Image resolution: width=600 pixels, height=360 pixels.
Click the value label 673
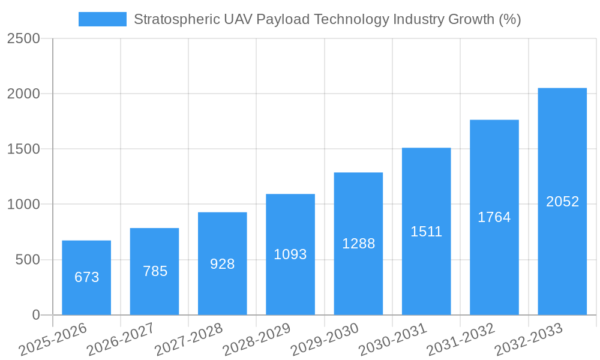(x=86, y=277)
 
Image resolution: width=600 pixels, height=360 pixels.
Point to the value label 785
(x=155, y=271)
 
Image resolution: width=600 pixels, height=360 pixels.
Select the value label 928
(x=222, y=264)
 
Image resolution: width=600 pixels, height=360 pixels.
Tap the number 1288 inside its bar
(x=358, y=244)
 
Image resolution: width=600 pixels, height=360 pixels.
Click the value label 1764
(x=494, y=217)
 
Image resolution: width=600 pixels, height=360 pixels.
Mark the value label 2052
(x=562, y=202)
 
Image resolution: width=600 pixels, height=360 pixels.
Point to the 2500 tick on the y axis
(x=23, y=39)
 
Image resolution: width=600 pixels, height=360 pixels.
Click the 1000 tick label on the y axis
(x=23, y=205)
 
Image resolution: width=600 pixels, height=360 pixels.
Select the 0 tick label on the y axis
(x=35, y=315)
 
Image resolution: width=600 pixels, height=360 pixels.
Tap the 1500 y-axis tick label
(x=23, y=149)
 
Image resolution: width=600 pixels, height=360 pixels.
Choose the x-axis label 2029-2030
(x=325, y=340)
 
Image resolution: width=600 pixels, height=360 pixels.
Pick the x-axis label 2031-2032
(x=461, y=340)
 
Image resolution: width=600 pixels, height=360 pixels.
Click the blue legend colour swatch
(x=103, y=19)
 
